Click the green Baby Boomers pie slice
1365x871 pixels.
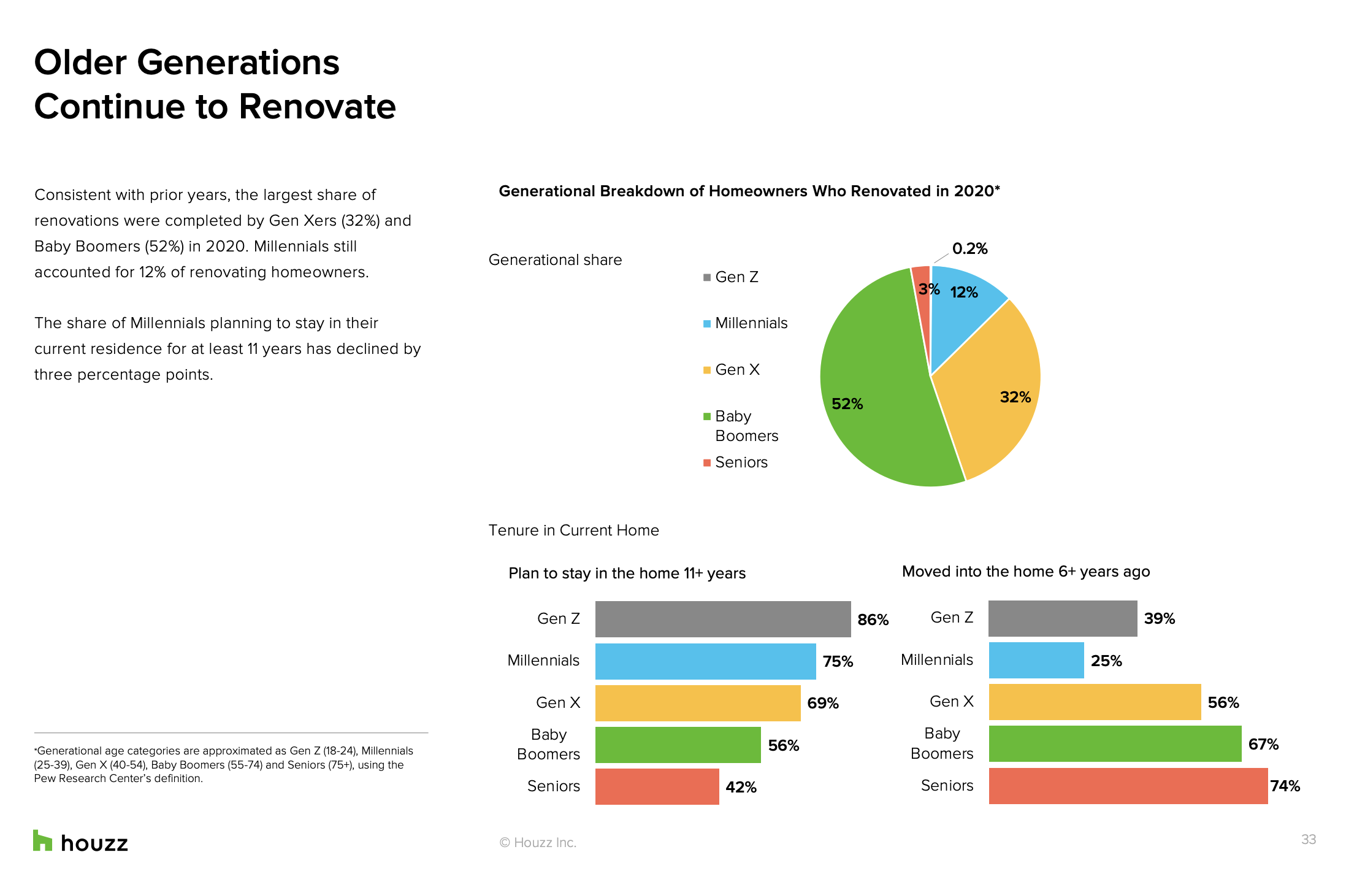(877, 393)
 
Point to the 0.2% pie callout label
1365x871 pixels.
(969, 248)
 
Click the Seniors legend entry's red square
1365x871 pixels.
(707, 462)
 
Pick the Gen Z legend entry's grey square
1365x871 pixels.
(707, 277)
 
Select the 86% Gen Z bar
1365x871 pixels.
(723, 619)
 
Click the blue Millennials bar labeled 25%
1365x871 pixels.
(1036, 660)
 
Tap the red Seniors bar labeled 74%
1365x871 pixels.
(1128, 786)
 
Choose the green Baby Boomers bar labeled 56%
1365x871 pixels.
(678, 745)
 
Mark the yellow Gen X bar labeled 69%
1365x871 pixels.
(698, 703)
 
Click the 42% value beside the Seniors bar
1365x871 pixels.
(741, 787)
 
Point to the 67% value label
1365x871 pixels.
(1263, 744)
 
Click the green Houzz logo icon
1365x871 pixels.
(42, 840)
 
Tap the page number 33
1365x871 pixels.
(1309, 839)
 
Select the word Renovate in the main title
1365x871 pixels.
(317, 107)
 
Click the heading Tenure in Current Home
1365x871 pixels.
(573, 530)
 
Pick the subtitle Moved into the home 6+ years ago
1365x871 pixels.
(1026, 572)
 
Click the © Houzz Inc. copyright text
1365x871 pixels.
(538, 842)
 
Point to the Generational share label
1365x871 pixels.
(555, 259)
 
